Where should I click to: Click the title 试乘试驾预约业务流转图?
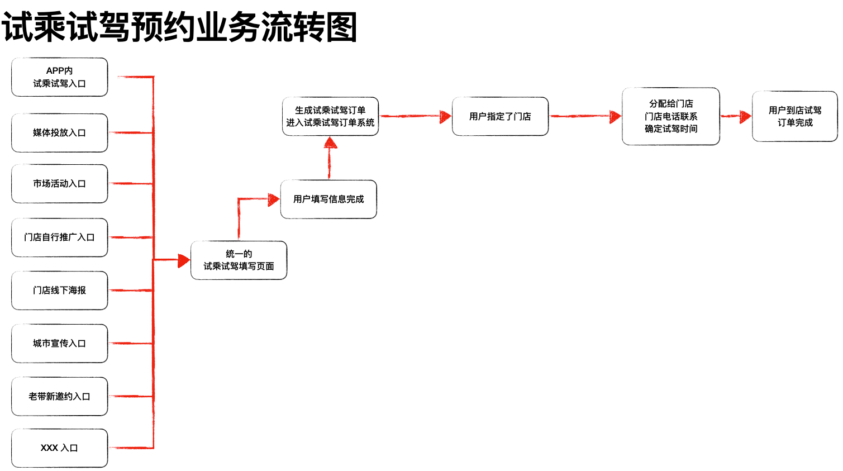[179, 27]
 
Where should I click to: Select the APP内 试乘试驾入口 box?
[59, 77]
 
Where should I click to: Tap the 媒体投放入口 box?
[59, 133]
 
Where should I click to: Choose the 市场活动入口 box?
[59, 183]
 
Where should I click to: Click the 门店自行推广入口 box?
[59, 237]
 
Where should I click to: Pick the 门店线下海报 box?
[59, 291]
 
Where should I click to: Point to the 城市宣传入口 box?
[59, 344]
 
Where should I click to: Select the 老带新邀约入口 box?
[59, 396]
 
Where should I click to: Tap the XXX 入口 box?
[59, 448]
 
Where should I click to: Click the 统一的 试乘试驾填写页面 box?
[239, 260]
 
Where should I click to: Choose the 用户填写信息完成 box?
[328, 199]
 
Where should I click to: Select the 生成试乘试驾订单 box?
[330, 116]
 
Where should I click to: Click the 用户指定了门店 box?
[500, 116]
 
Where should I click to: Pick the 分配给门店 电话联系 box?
[670, 116]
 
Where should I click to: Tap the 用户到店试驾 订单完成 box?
[794, 116]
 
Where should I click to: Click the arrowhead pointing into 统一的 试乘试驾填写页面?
[184, 260]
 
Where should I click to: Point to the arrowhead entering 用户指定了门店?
[445, 116]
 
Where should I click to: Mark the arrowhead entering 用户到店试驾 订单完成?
[745, 116]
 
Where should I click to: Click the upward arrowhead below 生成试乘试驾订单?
[330, 142]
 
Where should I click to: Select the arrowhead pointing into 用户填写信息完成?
[274, 199]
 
